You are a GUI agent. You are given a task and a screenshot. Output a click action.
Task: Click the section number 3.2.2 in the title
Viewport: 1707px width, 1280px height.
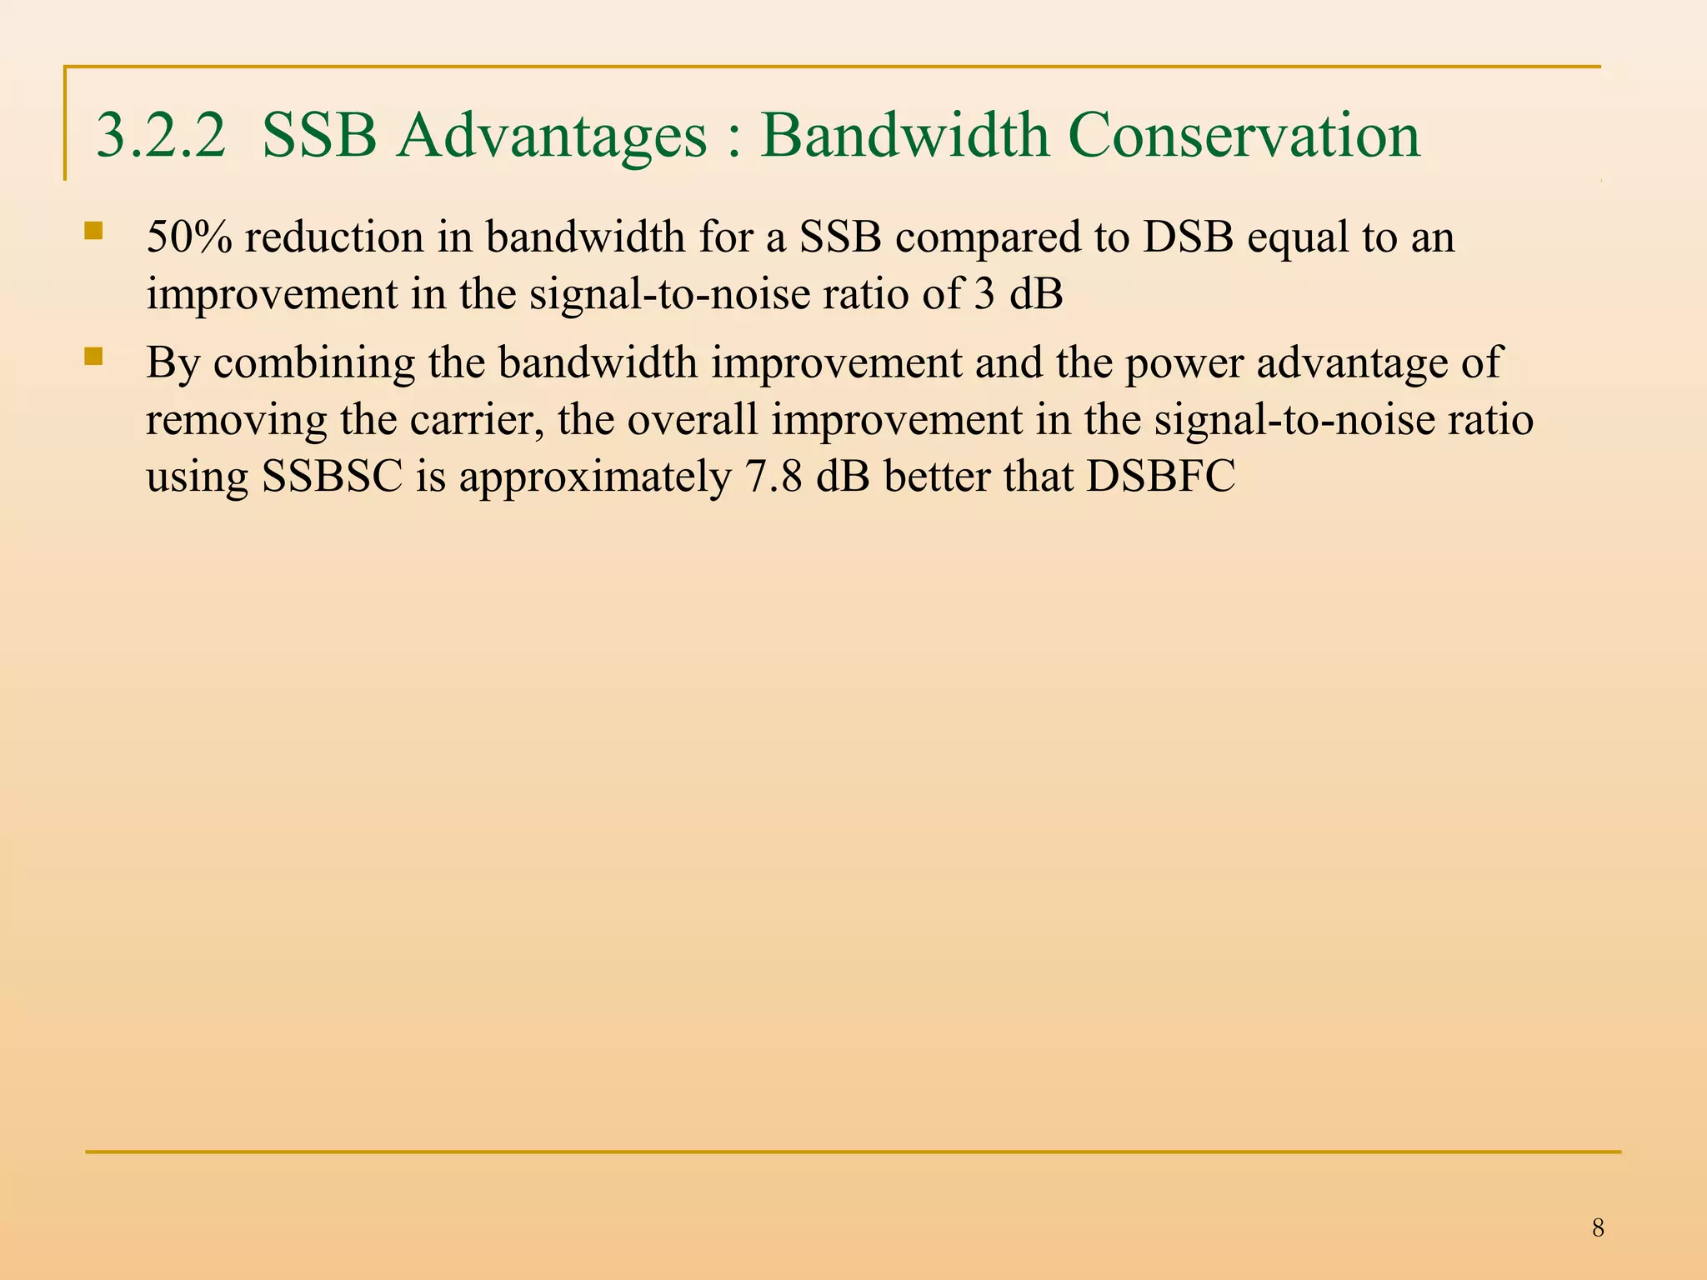coord(161,136)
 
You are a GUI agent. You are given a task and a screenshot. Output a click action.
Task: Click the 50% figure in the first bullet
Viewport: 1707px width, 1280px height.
coord(189,237)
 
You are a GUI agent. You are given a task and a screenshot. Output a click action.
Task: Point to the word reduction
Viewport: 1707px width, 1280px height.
coord(334,237)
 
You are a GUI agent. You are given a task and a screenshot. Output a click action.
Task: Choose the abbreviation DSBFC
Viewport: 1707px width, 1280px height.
coord(1160,477)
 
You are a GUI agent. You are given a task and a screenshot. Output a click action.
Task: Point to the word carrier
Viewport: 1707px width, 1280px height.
coord(477,420)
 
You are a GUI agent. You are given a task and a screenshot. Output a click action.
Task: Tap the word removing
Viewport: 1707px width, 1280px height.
coord(237,420)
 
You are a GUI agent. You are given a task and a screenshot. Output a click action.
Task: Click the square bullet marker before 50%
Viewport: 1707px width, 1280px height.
coord(93,231)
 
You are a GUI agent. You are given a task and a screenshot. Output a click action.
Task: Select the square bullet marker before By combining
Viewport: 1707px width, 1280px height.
coord(93,357)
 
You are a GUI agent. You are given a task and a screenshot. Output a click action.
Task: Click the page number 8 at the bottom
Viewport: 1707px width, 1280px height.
coord(1597,1227)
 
